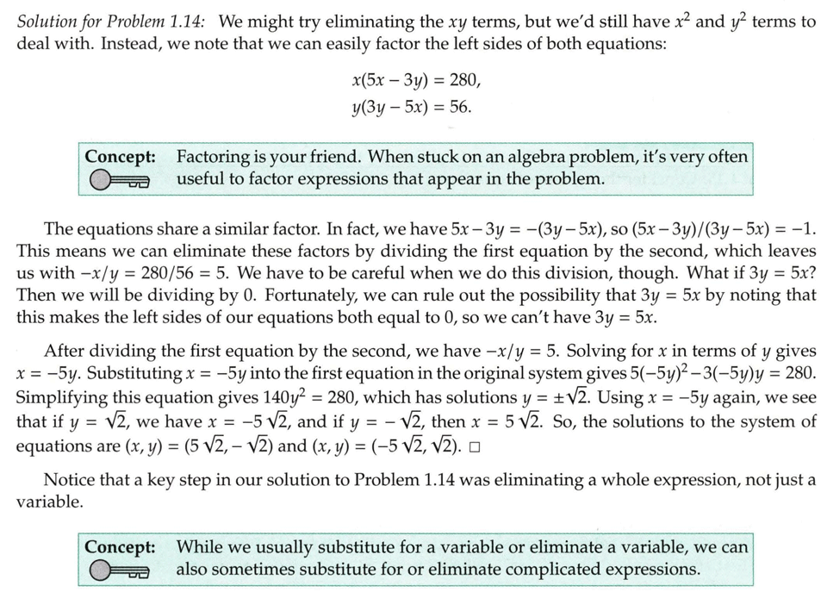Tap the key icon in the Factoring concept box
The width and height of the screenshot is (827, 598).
pyautogui.click(x=118, y=180)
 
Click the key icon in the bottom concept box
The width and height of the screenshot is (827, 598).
pyautogui.click(x=118, y=570)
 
